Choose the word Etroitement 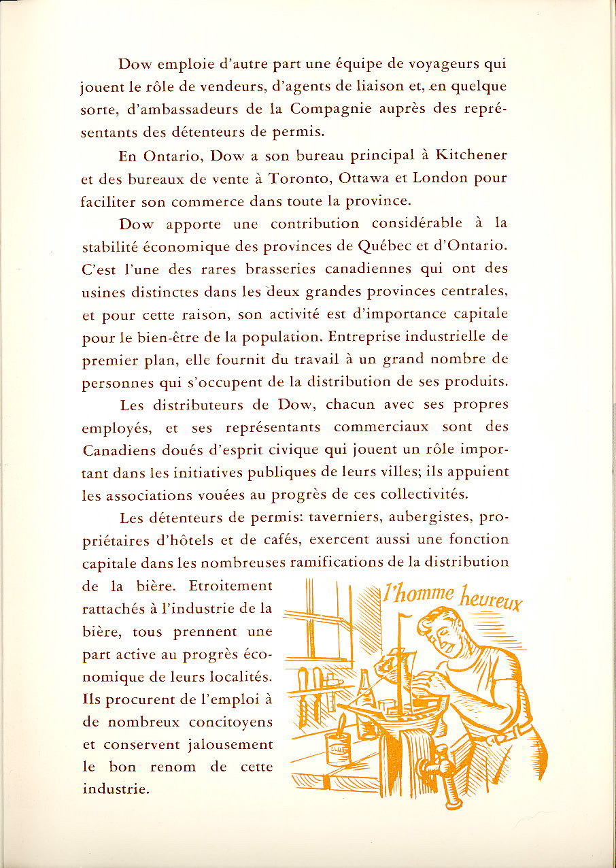pyautogui.click(x=230, y=586)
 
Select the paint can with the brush pyautogui.click(x=338, y=746)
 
